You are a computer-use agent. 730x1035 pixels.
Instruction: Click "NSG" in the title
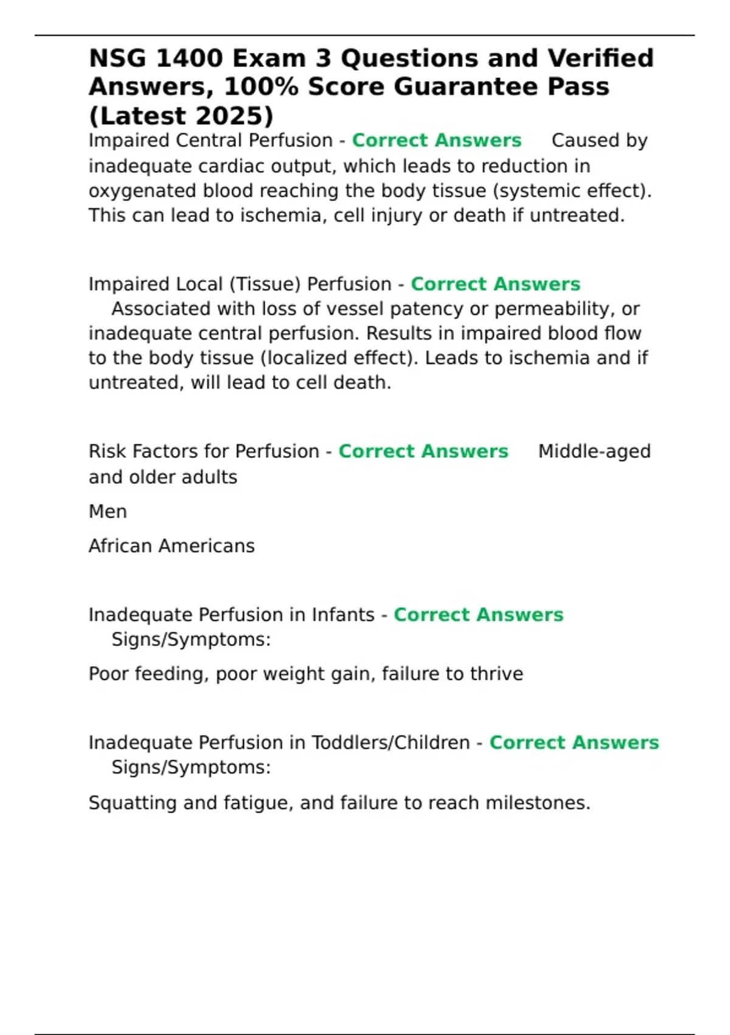(117, 58)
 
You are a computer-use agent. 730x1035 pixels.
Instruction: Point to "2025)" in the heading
(235, 116)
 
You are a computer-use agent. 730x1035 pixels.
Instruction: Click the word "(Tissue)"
(265, 284)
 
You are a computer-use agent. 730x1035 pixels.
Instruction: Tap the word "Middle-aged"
(594, 452)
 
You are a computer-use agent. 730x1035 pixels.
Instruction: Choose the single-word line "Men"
(108, 511)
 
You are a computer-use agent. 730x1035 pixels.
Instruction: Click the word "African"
(120, 546)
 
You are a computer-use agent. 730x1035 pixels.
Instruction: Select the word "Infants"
(343, 615)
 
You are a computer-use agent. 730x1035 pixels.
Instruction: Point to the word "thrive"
(495, 674)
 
